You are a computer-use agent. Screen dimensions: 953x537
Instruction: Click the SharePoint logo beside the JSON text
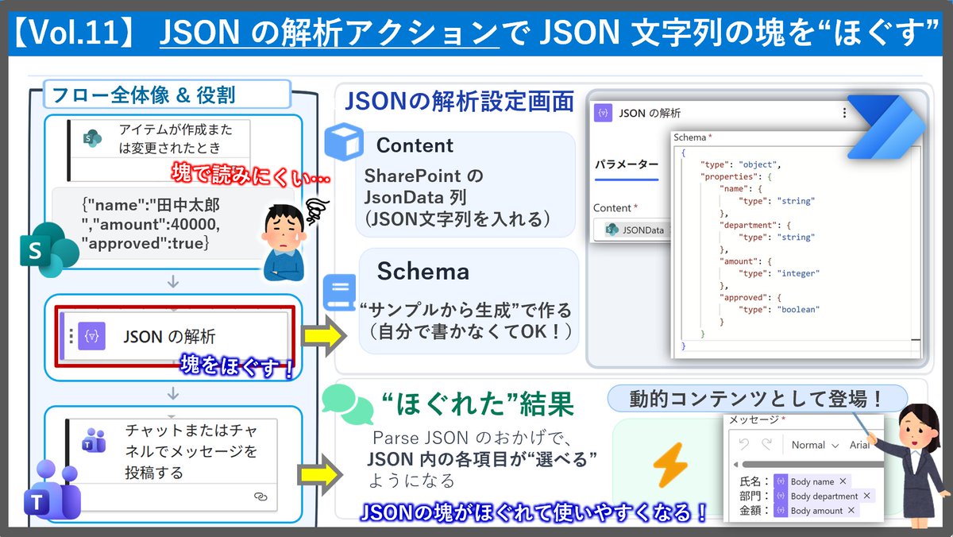49,249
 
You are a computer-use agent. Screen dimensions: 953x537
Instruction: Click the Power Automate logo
885,127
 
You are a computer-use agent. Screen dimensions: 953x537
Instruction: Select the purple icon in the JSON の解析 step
91,336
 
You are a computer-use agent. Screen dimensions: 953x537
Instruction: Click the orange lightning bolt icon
670,465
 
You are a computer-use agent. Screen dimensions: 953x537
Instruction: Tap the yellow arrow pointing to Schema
323,336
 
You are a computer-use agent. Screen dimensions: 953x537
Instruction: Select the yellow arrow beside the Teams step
320,474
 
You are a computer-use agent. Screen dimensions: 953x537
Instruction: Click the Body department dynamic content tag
824,496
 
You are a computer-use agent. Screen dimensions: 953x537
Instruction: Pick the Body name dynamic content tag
812,481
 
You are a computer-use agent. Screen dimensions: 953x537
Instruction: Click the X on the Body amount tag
851,510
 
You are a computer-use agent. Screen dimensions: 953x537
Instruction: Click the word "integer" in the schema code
798,273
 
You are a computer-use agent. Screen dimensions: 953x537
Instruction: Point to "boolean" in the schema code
798,309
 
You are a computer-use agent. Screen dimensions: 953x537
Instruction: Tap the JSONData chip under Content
634,230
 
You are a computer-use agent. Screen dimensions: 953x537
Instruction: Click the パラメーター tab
627,164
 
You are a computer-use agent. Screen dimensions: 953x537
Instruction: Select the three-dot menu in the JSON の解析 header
844,113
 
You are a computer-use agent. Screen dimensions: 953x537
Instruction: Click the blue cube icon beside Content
344,141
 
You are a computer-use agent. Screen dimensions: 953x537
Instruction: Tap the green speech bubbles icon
347,404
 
